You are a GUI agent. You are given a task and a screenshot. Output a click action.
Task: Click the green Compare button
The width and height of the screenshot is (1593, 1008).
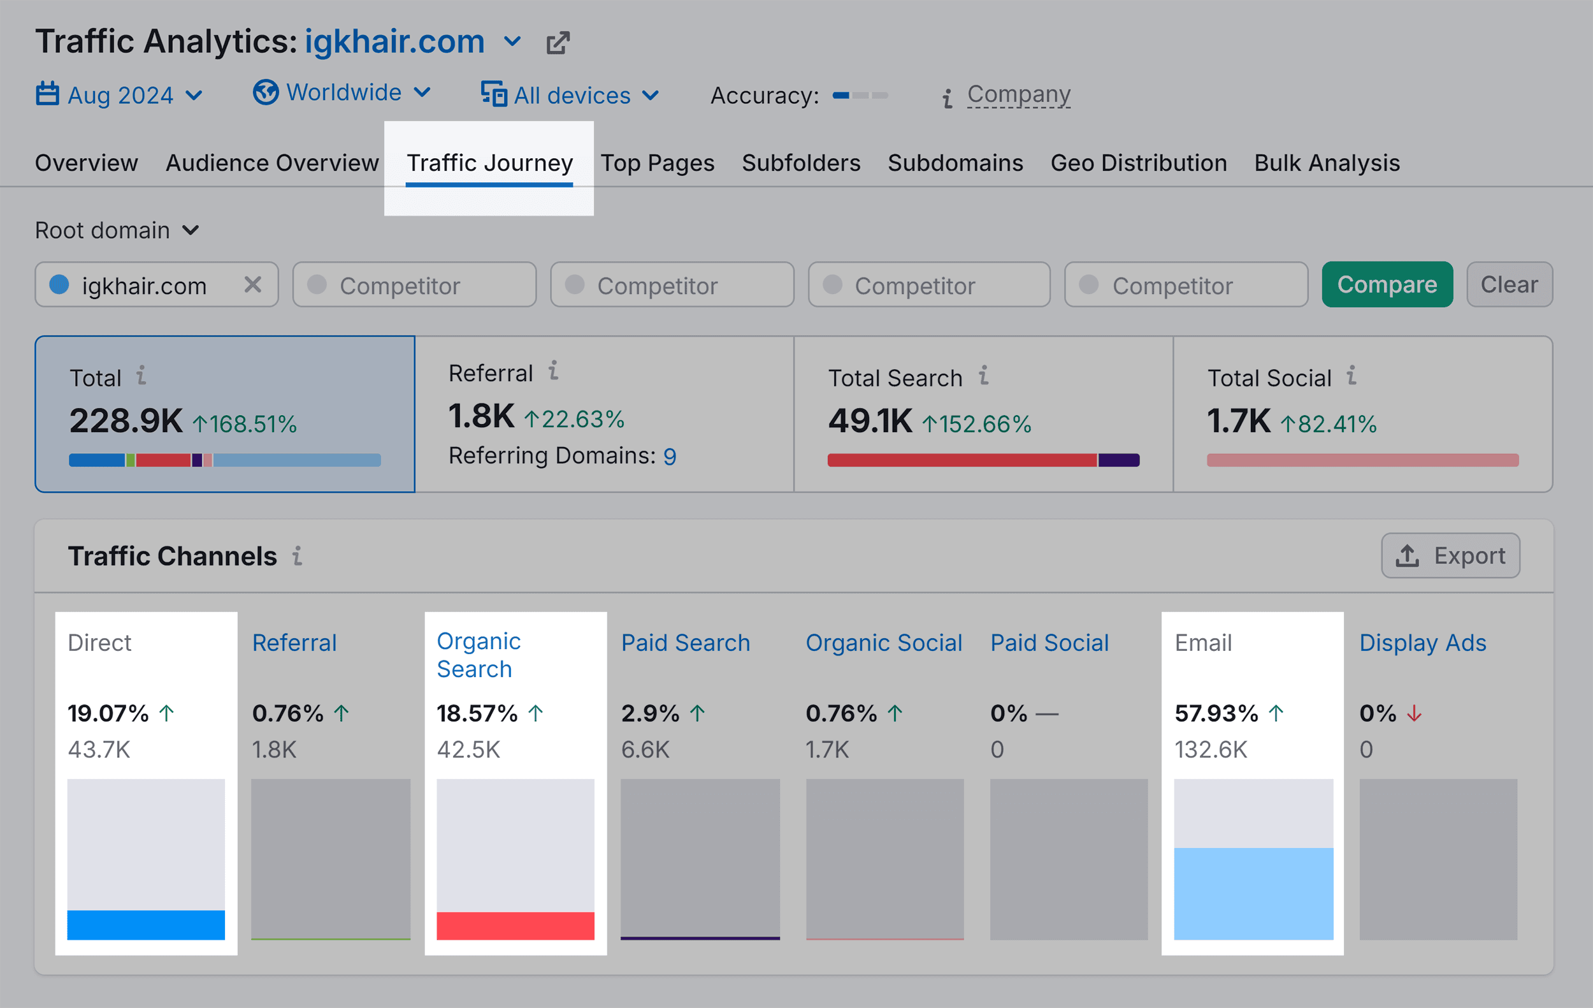1387,284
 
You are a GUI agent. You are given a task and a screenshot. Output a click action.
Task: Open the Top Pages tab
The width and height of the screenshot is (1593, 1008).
657,163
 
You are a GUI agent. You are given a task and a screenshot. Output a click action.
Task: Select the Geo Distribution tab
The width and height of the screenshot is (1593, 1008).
1138,163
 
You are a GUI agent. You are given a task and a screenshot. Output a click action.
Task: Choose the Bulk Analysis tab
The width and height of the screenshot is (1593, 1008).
1327,163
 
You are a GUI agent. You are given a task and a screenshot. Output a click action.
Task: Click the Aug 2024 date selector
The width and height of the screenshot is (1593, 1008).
119,95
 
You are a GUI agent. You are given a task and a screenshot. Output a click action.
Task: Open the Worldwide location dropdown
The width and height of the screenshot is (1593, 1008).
342,92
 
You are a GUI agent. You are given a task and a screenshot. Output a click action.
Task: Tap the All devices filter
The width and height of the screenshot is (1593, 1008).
570,95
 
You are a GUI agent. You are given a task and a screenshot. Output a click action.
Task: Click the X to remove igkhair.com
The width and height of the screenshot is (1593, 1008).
253,284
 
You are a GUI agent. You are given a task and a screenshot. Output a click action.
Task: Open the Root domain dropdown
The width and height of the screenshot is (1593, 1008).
117,230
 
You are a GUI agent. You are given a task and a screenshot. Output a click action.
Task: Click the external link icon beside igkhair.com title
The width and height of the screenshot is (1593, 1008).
558,43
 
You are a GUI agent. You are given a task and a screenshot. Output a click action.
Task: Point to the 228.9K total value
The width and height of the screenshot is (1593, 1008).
126,421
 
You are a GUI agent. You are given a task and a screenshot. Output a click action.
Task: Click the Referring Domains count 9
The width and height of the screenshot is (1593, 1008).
670,456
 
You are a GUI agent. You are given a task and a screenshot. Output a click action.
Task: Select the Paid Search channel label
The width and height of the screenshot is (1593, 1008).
686,643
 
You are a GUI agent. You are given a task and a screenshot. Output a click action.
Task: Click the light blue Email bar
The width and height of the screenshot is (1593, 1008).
1253,893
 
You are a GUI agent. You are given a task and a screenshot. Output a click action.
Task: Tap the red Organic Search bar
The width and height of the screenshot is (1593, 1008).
515,925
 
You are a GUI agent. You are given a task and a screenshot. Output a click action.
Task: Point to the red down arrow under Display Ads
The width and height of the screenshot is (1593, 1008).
1414,713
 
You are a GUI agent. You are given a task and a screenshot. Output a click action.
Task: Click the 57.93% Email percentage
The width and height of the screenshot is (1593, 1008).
1216,713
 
